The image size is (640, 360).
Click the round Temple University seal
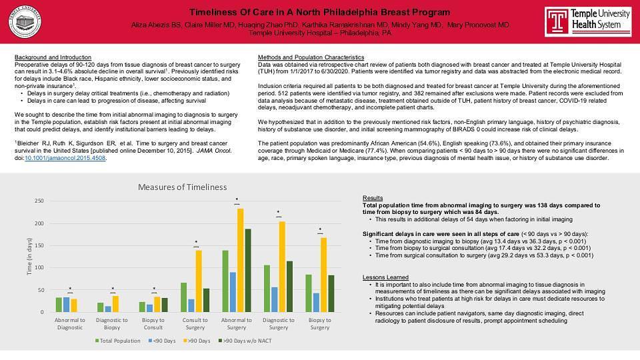[27, 21]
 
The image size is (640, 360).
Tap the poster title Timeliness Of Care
[319, 12]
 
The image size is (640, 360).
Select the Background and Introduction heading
[53, 57]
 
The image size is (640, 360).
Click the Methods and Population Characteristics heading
[311, 57]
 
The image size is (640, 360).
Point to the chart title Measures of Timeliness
[182, 187]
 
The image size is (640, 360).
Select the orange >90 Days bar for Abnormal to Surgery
[240, 260]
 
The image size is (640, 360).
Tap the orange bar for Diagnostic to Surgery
[282, 267]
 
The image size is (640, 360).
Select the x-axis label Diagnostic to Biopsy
[112, 323]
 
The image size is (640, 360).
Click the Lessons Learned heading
[385, 277]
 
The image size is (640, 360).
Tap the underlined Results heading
[373, 198]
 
